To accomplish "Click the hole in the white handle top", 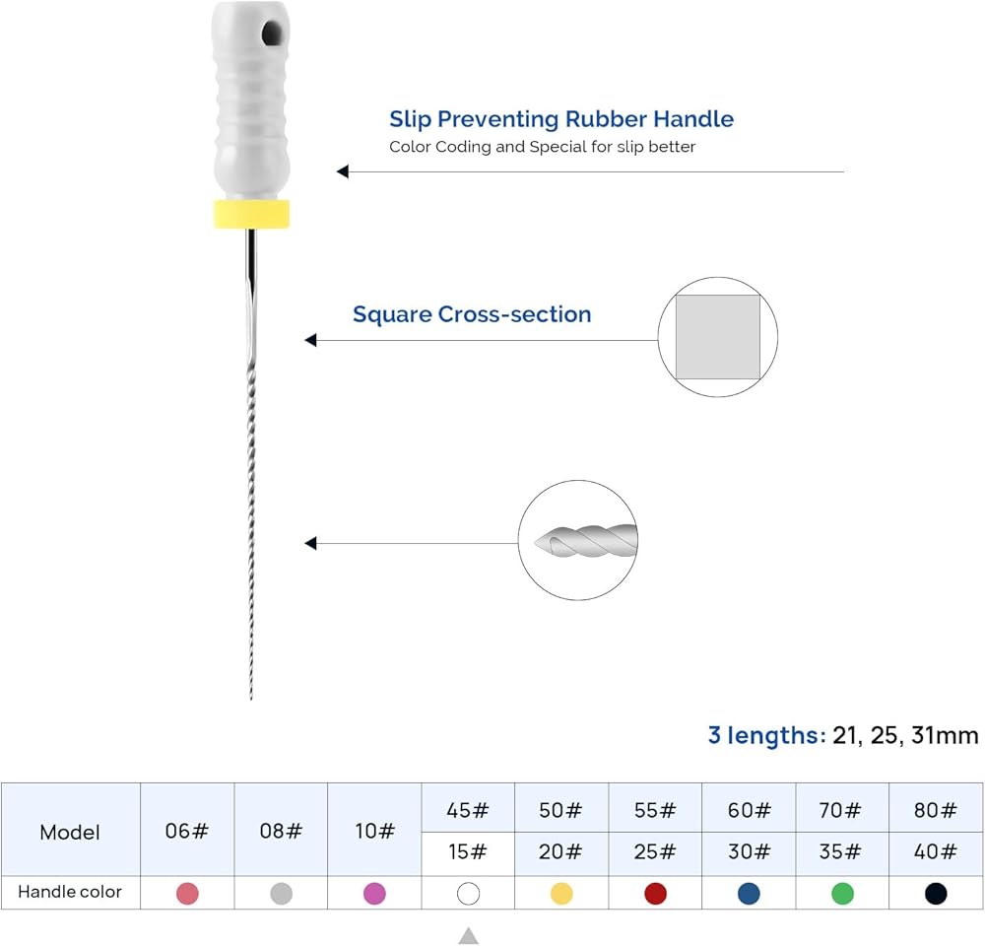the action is point(272,33).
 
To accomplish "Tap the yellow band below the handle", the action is point(251,214).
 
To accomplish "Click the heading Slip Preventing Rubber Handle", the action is point(561,119).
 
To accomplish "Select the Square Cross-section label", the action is point(472,314).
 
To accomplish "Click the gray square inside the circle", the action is point(717,337).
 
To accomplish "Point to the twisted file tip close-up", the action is point(586,541).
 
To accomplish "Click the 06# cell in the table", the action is point(187,830).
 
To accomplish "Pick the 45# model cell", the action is point(468,809).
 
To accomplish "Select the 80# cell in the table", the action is point(936,809).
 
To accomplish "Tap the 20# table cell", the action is point(561,851).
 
